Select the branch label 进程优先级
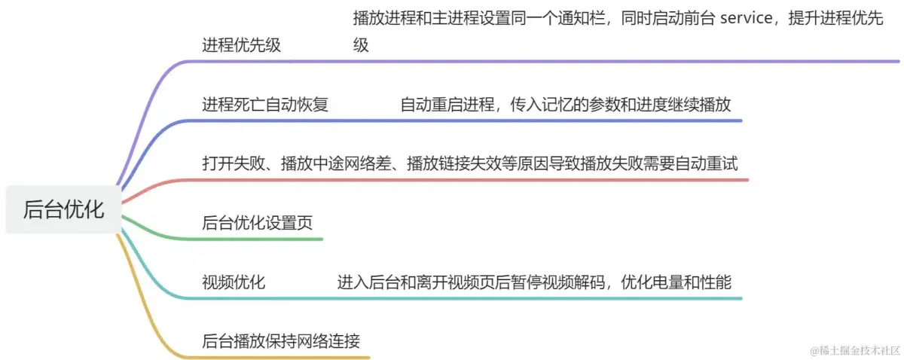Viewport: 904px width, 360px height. click(x=241, y=45)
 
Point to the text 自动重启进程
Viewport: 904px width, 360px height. click(x=445, y=105)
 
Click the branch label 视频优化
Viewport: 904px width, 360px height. click(x=234, y=282)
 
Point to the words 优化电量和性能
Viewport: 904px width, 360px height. click(x=676, y=282)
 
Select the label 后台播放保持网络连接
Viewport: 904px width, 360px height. click(x=281, y=341)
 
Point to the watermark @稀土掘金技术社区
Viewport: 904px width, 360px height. click(x=855, y=350)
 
